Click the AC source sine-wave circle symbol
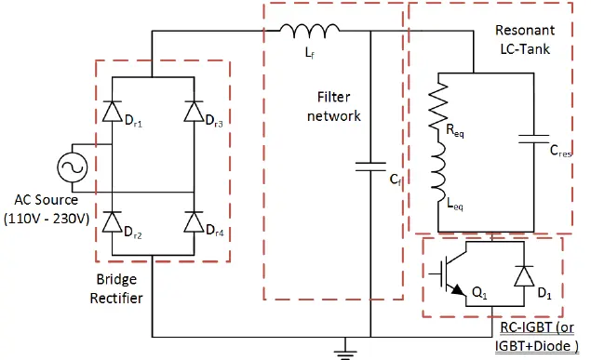tap(73, 167)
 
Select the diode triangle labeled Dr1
tap(113, 112)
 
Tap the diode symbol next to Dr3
tap(195, 112)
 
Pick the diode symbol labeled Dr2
tap(113, 221)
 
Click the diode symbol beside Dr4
tap(195, 221)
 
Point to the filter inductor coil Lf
tap(310, 31)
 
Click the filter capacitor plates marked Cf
tap(370, 167)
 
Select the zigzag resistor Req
tap(438, 106)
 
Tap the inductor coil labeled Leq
tap(438, 174)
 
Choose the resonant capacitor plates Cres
tap(533, 139)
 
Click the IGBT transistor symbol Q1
tap(452, 273)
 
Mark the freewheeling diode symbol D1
tap(524, 276)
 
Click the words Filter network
tap(333, 106)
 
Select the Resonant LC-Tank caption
tap(525, 40)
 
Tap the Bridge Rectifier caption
tap(116, 288)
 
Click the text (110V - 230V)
tap(47, 219)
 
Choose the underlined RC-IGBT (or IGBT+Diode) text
tap(536, 337)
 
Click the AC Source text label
tap(46, 200)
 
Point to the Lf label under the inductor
tap(309, 53)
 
